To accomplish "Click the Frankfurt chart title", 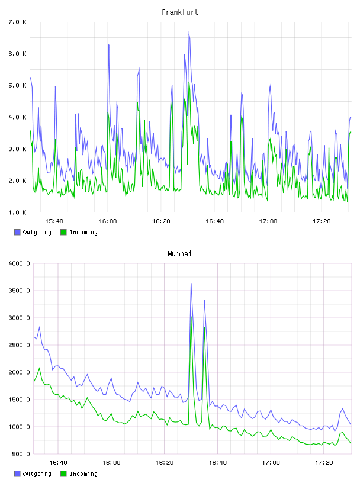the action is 180,12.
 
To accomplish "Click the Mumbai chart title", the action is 179,253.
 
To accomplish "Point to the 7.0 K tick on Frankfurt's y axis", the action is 18,22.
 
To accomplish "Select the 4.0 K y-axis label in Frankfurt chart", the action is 18,117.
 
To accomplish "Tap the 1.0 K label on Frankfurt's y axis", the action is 18,212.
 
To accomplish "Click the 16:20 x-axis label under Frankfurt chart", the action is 161,221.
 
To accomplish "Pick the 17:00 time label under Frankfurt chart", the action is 268,221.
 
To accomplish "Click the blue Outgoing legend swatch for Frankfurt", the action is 17,232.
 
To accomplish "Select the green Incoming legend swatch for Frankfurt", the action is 63,232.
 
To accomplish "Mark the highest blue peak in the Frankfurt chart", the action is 189,32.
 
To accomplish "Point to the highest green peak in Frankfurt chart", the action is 189,82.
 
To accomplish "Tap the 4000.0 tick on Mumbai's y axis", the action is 19,263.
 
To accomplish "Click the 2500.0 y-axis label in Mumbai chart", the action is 19,345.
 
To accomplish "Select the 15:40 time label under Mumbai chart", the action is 58,462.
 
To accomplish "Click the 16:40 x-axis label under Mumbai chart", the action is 218,462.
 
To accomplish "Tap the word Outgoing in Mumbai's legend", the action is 37,474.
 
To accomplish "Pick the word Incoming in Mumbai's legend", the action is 83,474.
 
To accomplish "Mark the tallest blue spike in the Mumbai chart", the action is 191,284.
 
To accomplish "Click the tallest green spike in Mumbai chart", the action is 191,317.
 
